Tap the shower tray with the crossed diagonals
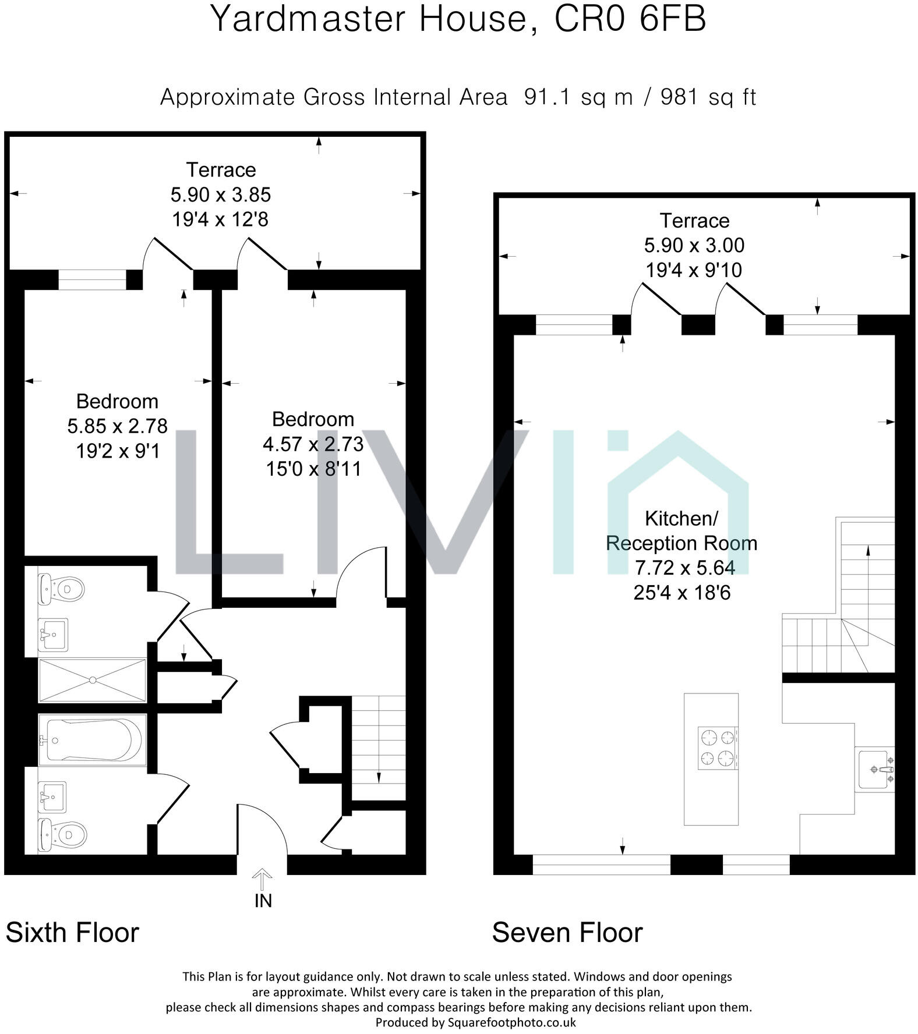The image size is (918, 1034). pos(92,679)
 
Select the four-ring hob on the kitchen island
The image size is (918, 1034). pos(718,748)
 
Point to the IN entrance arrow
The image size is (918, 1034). pos(262,880)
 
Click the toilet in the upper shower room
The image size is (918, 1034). pos(61,589)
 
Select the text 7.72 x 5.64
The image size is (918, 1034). pos(684,568)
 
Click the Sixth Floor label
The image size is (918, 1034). pos(72,932)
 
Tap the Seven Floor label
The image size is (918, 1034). pos(567,932)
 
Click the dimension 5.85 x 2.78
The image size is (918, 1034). pos(117,426)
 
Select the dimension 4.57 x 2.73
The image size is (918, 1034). pos(313,444)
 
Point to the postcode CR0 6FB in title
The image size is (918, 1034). pos(630,19)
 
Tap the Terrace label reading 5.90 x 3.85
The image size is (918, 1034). pos(221,194)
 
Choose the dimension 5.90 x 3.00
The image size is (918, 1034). pos(694,245)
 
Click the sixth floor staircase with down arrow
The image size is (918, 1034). pos(379,748)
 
